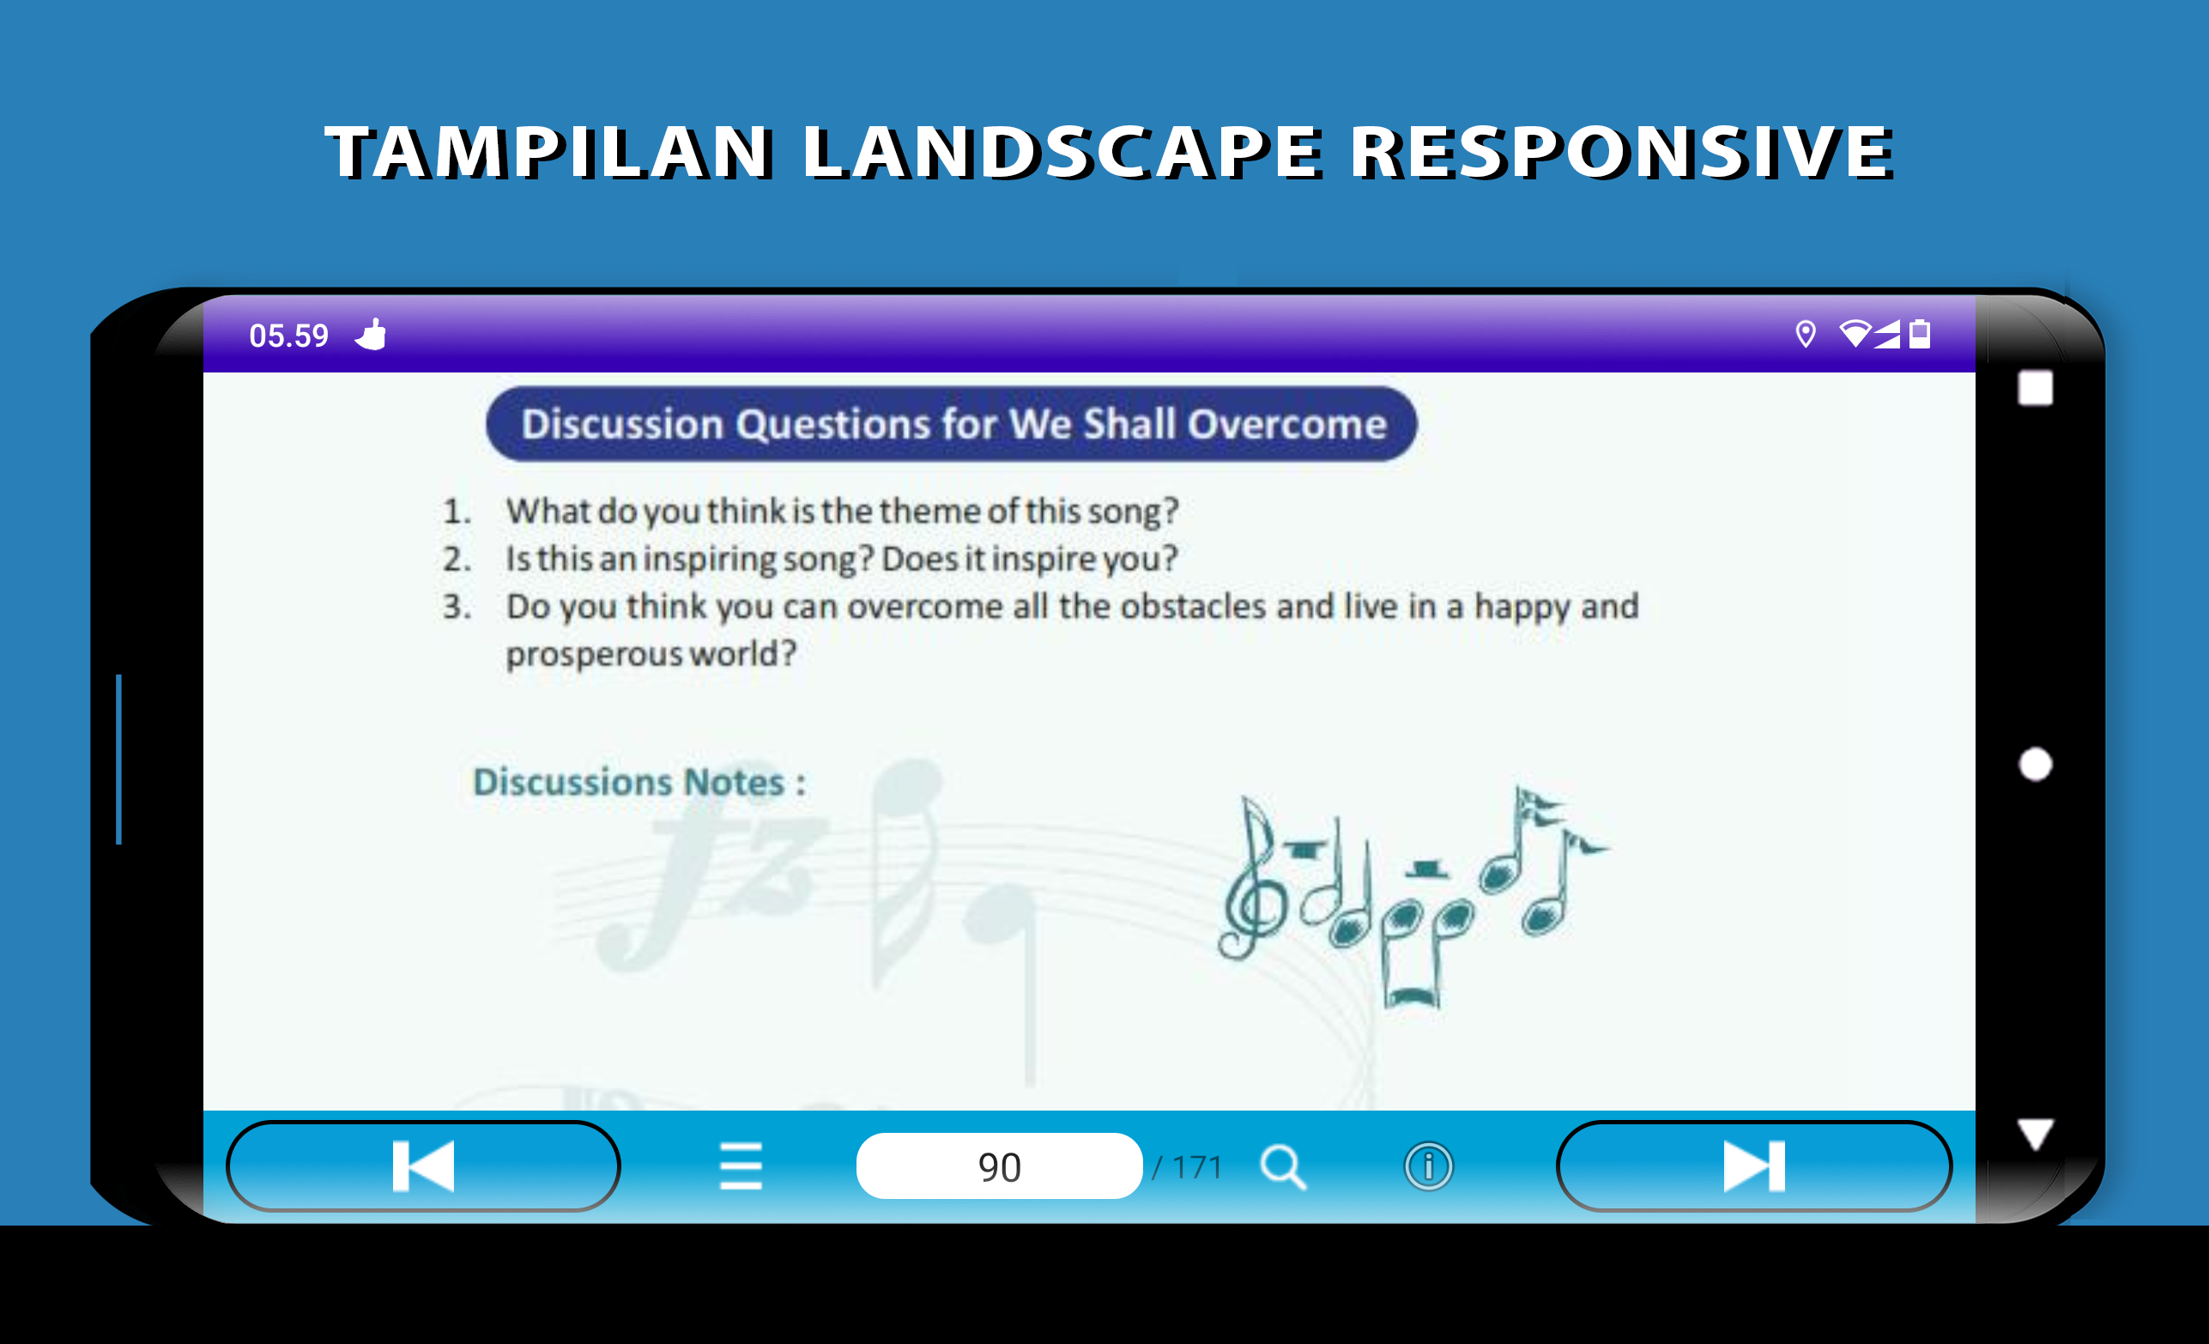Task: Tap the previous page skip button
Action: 423,1165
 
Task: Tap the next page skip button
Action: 1753,1165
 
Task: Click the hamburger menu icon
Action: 741,1166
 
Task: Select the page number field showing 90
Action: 999,1165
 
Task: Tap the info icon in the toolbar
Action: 1427,1166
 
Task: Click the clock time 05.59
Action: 288,336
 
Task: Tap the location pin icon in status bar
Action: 1806,335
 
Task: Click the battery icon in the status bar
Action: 1920,334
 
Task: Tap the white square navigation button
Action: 2035,388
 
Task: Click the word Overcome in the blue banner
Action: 1287,424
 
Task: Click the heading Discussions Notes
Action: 638,782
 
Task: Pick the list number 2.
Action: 457,560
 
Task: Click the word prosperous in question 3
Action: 594,655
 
